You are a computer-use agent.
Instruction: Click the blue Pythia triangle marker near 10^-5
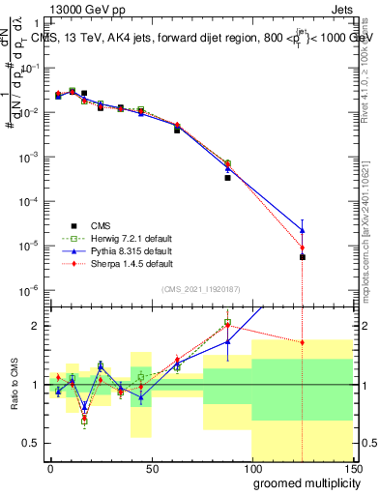pos(303,230)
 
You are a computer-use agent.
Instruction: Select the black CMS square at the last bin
pos(303,257)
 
